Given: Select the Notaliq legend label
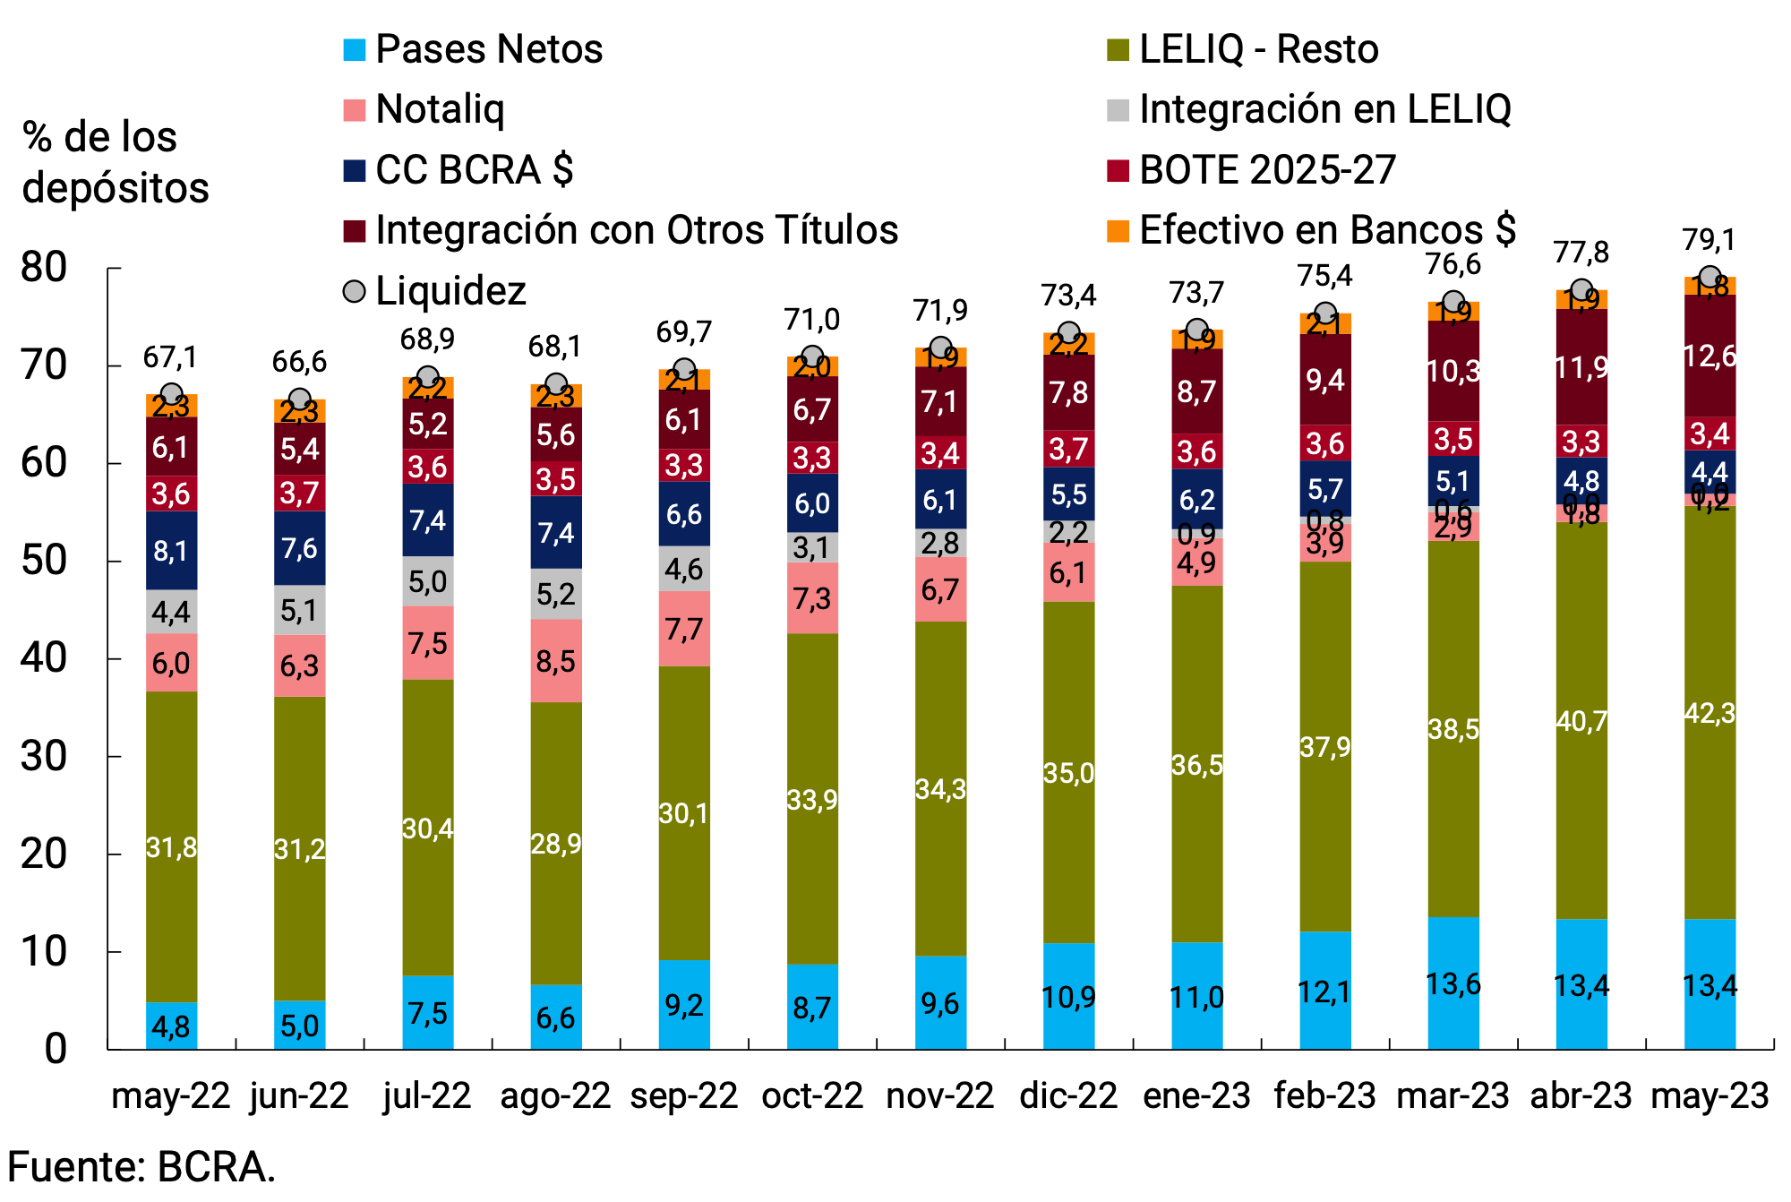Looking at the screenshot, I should (x=440, y=109).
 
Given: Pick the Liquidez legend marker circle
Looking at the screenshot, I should (x=355, y=291).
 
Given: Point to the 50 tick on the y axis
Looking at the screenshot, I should (x=44, y=562).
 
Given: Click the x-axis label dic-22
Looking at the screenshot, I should (x=1068, y=1095).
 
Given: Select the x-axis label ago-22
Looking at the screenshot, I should (x=555, y=1095).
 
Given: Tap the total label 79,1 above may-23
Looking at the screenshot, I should (x=1709, y=240).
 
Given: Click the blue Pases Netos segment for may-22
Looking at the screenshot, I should (x=171, y=1026).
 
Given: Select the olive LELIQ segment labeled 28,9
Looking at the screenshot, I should (x=555, y=843).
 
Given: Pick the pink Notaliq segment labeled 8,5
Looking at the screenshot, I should (x=555, y=661).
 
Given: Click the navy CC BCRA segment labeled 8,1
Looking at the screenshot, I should (x=171, y=550).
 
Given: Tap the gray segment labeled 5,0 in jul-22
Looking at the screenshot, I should (x=427, y=581).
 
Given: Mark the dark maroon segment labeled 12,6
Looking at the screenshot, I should (x=1709, y=356).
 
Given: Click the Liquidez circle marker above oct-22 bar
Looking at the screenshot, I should (x=811, y=357).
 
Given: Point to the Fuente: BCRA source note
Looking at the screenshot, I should (x=141, y=1167).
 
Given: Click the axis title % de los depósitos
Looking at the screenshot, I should (x=115, y=162).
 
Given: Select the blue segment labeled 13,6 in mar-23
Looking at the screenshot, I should (x=1453, y=983).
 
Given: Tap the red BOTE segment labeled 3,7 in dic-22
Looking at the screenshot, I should (x=1068, y=449).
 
